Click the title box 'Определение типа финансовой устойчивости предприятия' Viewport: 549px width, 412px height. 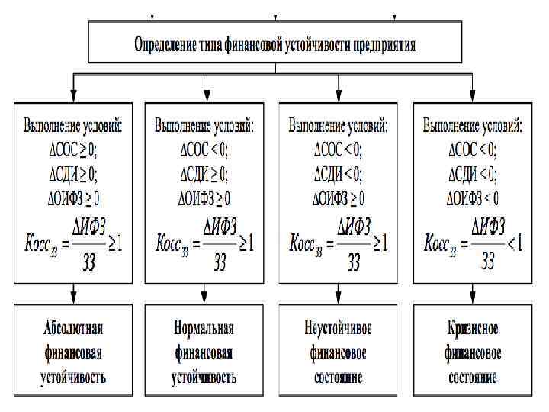[x=274, y=43]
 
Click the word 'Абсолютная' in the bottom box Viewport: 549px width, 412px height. [x=73, y=329]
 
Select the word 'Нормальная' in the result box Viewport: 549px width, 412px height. [x=204, y=329]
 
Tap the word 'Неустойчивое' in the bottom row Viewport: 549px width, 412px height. [x=337, y=329]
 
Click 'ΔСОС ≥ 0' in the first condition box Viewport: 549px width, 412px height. [x=73, y=148]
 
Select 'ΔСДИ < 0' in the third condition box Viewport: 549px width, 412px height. [x=338, y=173]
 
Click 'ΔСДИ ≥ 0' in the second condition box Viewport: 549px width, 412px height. [x=205, y=173]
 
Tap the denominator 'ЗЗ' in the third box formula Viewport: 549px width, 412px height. [x=353, y=262]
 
